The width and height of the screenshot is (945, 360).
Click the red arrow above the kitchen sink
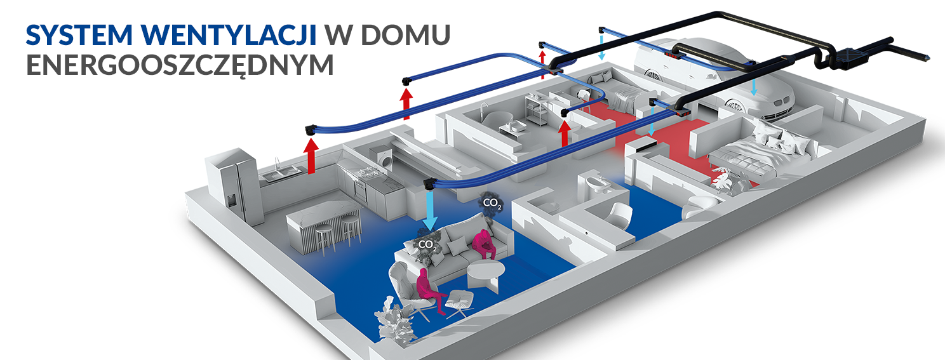point(311,156)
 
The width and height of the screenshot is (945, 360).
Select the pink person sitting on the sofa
point(483,245)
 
